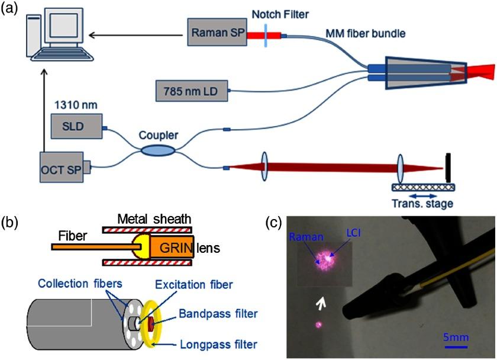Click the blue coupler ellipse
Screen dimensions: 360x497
click(x=157, y=152)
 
